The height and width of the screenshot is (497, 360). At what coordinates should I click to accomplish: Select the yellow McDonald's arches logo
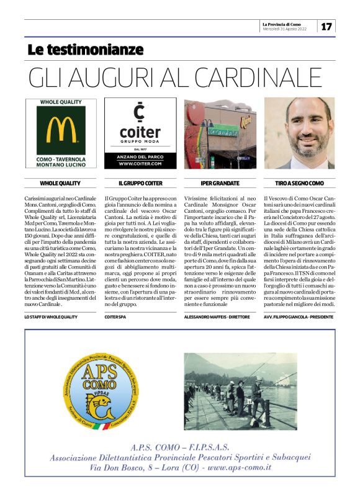pyautogui.click(x=60, y=129)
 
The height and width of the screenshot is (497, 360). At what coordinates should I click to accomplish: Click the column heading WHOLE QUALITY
pyautogui.click(x=60, y=184)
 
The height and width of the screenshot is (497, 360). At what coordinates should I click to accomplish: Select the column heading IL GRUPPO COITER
pyautogui.click(x=140, y=184)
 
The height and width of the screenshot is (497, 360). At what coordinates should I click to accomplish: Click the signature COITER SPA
pyautogui.click(x=115, y=316)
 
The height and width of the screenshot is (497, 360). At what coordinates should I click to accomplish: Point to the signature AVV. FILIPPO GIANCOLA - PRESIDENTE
pyautogui.click(x=299, y=316)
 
